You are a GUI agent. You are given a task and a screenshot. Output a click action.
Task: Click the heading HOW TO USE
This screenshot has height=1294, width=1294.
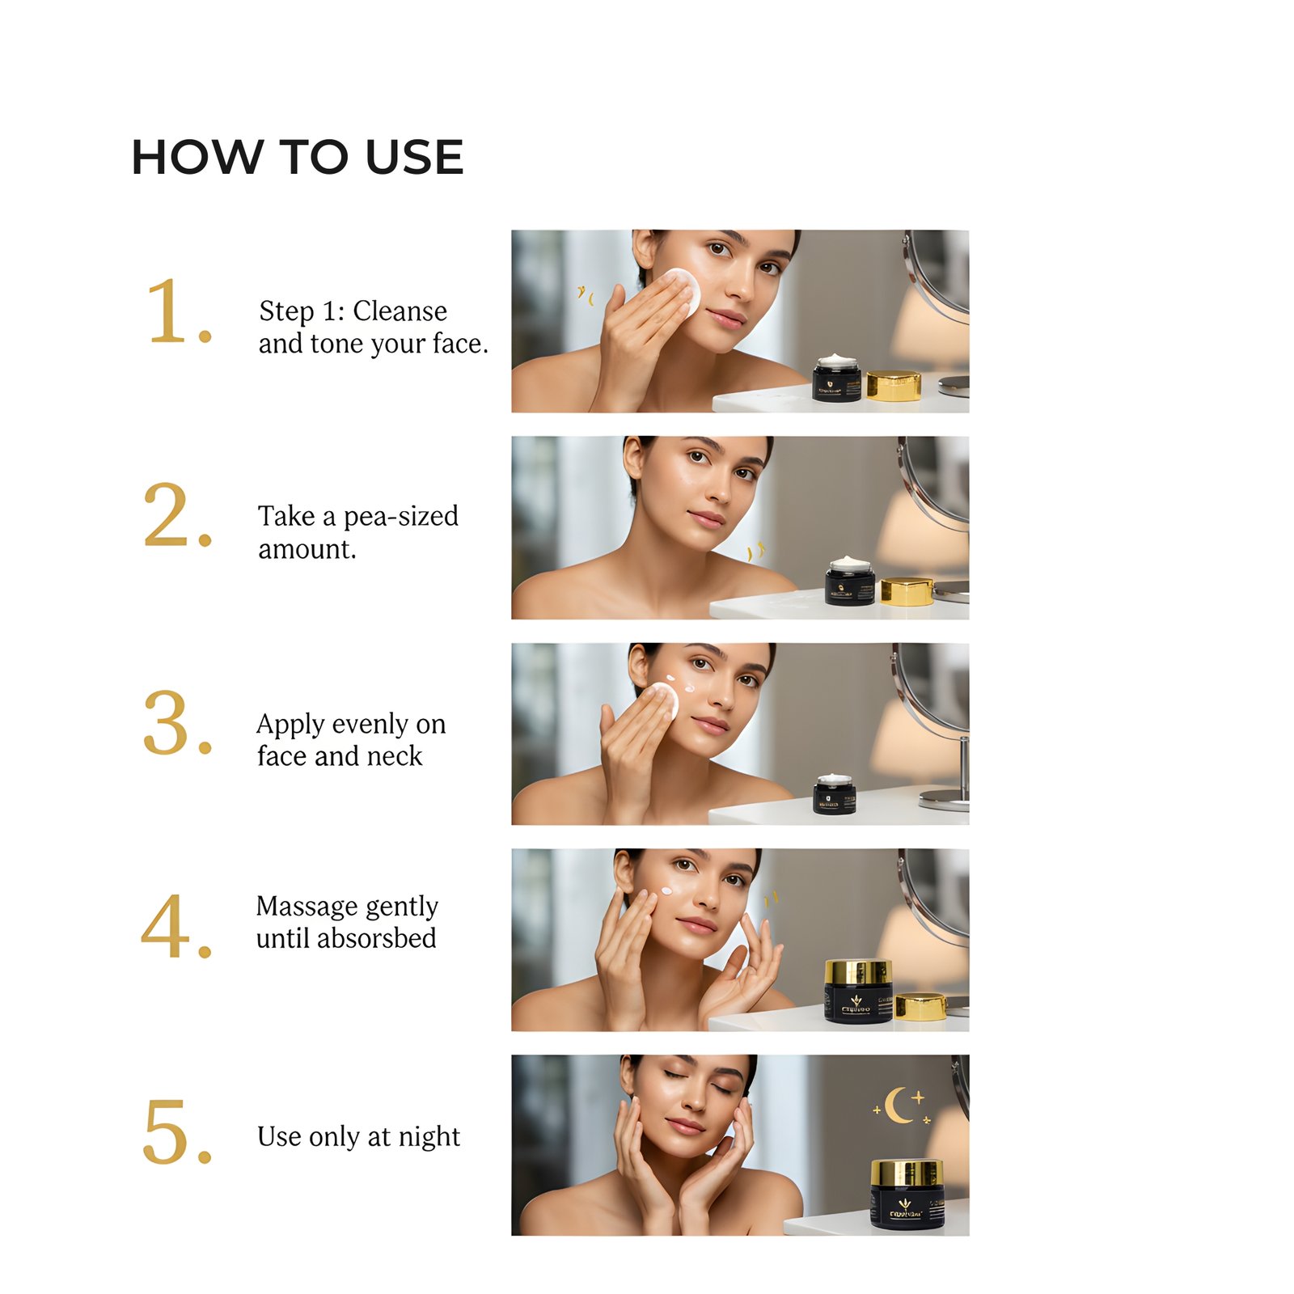(297, 157)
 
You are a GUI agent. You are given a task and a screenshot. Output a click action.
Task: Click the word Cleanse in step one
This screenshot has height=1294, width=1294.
(400, 311)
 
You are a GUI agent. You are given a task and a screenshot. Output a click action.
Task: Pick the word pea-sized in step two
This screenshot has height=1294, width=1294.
(401, 516)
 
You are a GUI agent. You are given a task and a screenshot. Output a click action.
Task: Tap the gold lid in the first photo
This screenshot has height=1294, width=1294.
(893, 386)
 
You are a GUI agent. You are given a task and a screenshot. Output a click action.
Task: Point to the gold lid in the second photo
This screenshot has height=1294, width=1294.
(907, 591)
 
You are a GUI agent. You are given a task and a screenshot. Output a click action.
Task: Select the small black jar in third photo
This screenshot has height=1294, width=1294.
(834, 795)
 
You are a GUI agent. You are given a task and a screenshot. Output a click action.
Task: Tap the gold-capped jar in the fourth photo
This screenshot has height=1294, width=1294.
(857, 992)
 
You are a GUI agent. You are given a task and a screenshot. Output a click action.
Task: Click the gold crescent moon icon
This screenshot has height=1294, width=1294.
(897, 1106)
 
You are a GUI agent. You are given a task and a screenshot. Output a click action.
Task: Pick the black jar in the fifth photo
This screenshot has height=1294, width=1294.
(907, 1195)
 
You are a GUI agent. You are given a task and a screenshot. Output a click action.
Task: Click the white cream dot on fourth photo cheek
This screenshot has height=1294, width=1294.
(666, 891)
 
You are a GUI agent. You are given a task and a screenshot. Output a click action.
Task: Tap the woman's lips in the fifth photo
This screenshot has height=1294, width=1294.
(685, 1125)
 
